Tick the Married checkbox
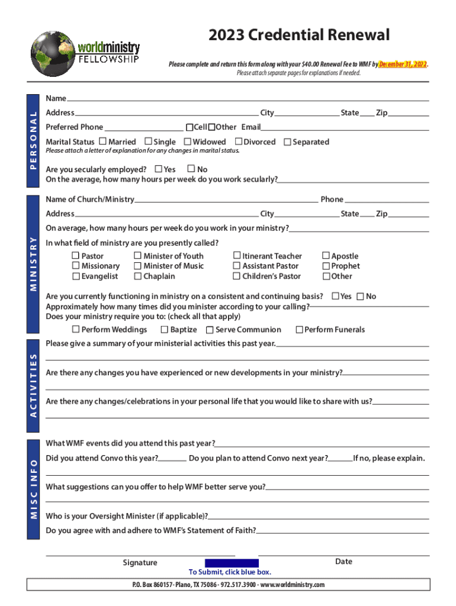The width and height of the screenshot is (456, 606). (x=103, y=141)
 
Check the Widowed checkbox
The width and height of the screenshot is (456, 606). (x=187, y=141)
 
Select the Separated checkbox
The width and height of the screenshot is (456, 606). (x=287, y=142)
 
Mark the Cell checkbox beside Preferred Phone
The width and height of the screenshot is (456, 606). (x=190, y=127)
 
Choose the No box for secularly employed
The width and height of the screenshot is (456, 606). (x=191, y=169)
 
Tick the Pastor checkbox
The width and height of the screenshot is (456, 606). (x=76, y=256)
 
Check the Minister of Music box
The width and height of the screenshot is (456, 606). (x=137, y=266)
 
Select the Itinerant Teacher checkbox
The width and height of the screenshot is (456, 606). (x=237, y=256)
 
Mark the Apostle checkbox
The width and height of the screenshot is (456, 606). (x=326, y=256)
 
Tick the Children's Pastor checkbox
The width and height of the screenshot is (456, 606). (x=237, y=276)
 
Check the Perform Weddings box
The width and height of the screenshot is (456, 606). (x=76, y=329)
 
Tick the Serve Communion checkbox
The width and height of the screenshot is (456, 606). (x=210, y=330)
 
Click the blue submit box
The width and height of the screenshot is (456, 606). (x=232, y=563)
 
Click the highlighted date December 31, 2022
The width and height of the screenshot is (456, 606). (x=403, y=65)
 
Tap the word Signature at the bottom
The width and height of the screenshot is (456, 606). (x=140, y=563)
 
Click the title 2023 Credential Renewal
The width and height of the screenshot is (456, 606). (x=298, y=36)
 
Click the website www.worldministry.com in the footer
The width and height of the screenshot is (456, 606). (x=292, y=585)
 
